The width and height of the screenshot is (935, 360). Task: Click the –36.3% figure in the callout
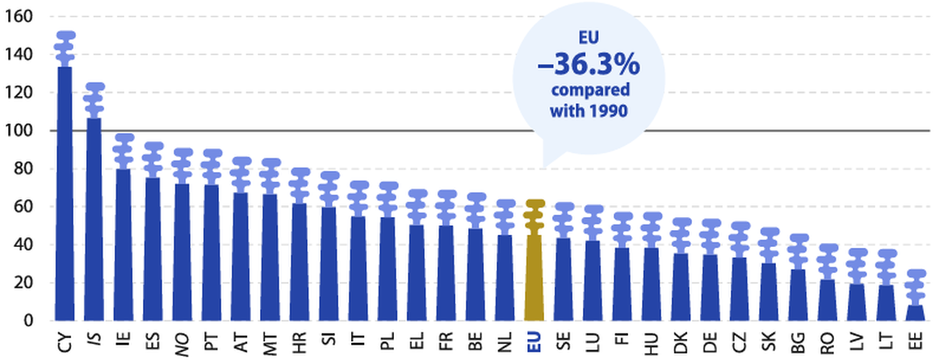[589, 62]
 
